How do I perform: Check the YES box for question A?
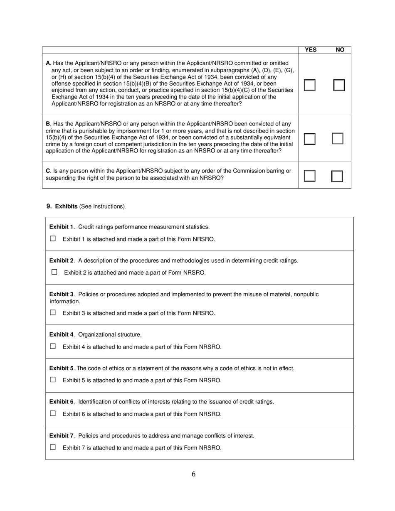[x=309, y=85]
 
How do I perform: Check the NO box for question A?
[x=339, y=85]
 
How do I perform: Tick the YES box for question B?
[x=309, y=139]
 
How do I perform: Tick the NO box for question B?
[x=337, y=139]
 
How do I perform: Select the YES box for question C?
[x=309, y=176]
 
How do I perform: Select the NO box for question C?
[x=337, y=176]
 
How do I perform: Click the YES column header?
[x=311, y=50]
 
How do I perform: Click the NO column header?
[x=340, y=50]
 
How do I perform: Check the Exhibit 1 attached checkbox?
[x=53, y=238]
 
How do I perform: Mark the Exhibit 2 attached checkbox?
[x=54, y=272]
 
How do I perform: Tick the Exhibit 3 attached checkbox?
[x=53, y=312]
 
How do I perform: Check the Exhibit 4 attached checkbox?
[x=53, y=346]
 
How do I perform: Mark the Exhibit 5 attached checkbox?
[x=53, y=380]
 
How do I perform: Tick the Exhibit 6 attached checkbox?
[x=53, y=413]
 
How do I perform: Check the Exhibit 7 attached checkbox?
[x=53, y=447]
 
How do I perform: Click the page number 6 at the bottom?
[x=194, y=474]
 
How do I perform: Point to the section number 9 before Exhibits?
[x=49, y=206]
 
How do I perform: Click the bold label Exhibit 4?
[x=62, y=334]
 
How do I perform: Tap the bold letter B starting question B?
[x=48, y=124]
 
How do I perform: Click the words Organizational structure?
[x=110, y=334]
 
